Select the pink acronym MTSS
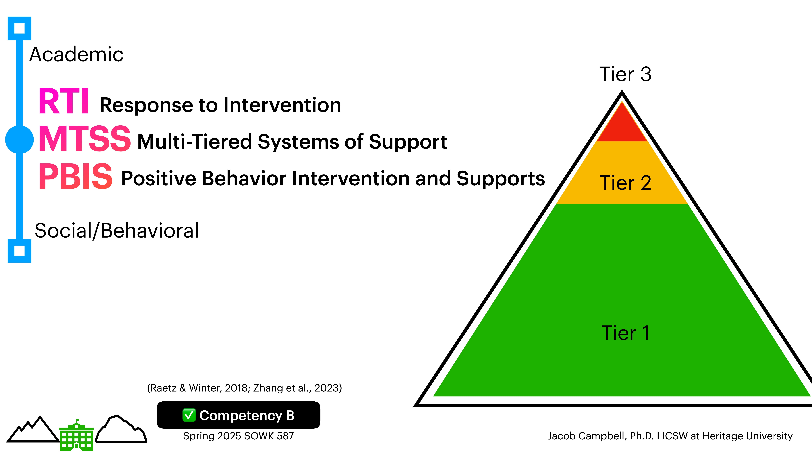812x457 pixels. [84, 139]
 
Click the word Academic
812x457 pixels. [76, 54]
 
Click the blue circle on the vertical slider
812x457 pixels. [20, 139]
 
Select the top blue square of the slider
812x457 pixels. [20, 28]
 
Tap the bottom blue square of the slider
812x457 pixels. [20, 251]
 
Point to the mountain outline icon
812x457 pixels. [33, 430]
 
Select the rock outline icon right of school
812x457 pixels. [121, 430]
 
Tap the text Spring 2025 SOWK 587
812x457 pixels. [238, 436]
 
